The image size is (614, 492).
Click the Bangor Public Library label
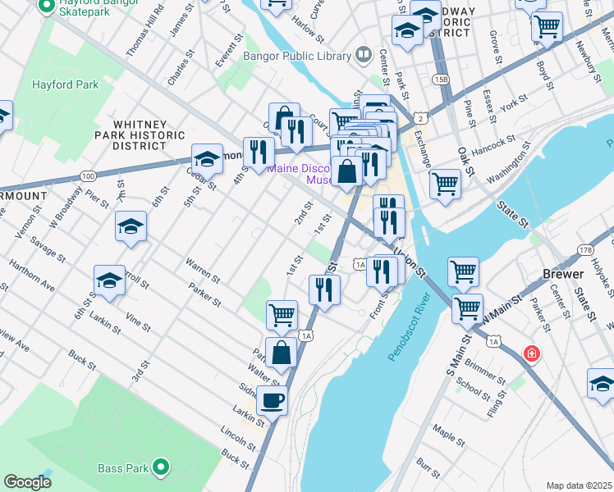pyautogui.click(x=297, y=57)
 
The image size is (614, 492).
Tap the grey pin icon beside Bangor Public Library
pyautogui.click(x=363, y=56)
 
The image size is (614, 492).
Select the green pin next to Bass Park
pyautogui.click(x=162, y=468)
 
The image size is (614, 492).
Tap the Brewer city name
pyautogui.click(x=563, y=274)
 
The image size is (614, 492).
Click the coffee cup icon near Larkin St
pyautogui.click(x=272, y=400)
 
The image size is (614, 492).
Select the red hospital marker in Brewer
pyautogui.click(x=533, y=353)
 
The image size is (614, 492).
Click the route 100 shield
pyautogui.click(x=89, y=175)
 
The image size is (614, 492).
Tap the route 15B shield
pyautogui.click(x=442, y=79)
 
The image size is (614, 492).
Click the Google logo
pyautogui.click(x=27, y=482)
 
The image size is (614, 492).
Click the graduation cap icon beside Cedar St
pyautogui.click(x=208, y=158)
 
